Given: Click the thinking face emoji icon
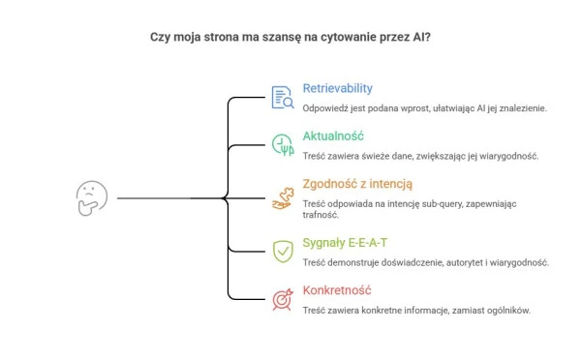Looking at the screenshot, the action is [92, 198].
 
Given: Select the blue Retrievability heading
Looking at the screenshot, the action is [338, 88].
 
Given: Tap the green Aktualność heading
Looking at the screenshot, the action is [333, 135].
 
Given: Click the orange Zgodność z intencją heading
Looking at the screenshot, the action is [357, 184].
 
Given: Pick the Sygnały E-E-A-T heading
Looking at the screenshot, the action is [345, 243].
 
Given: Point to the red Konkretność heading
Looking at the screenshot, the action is [337, 290].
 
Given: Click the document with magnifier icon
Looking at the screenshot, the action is [283, 98].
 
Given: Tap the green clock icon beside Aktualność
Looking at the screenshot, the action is [283, 145].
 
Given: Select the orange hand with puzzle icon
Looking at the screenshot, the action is [283, 199].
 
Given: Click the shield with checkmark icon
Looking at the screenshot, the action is [283, 252].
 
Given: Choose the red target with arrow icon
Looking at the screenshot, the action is [283, 299].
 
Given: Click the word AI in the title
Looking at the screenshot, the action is [421, 37].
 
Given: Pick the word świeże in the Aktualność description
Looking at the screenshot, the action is [372, 156].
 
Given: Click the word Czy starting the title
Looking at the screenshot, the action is [160, 38].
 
